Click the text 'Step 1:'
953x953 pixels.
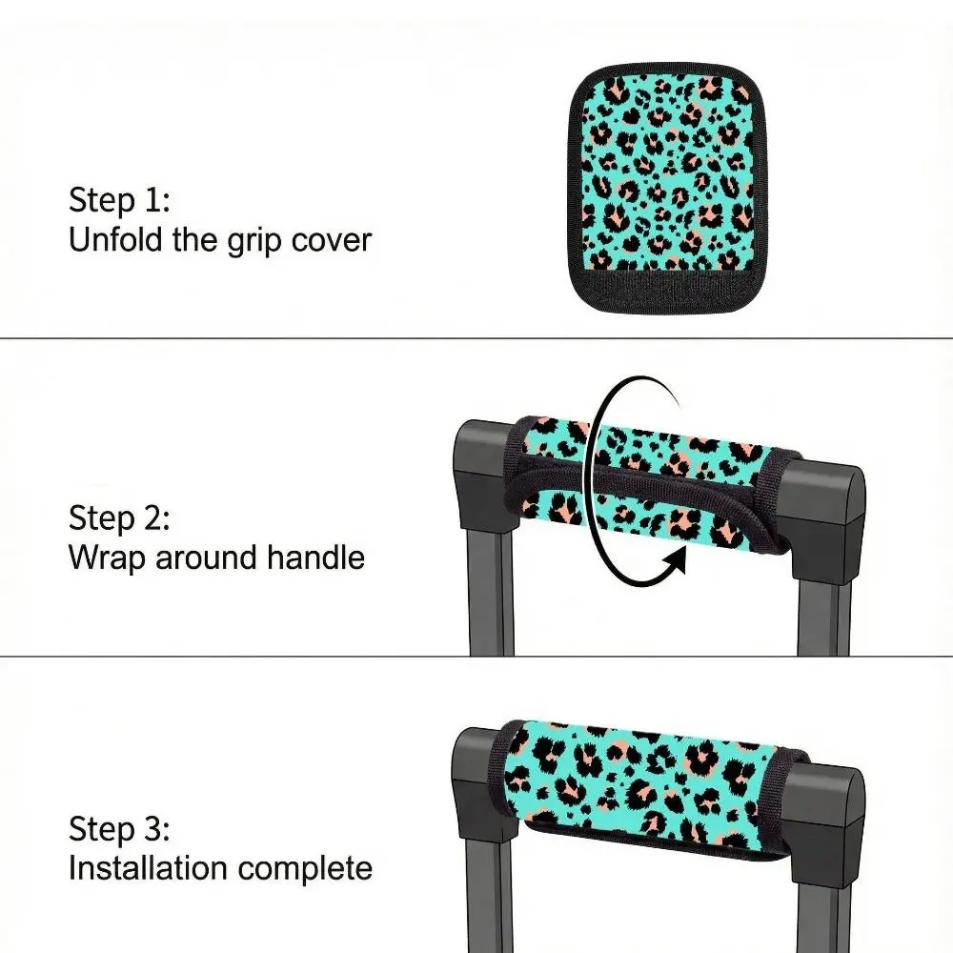tap(119, 200)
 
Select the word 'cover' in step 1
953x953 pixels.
tap(332, 240)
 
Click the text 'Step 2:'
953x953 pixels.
tap(119, 518)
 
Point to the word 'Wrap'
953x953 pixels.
tap(108, 558)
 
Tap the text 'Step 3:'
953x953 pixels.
tap(119, 829)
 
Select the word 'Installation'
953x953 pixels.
tap(149, 867)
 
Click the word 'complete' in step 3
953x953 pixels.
tap(305, 868)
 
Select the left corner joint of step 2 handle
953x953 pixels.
tap(484, 473)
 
